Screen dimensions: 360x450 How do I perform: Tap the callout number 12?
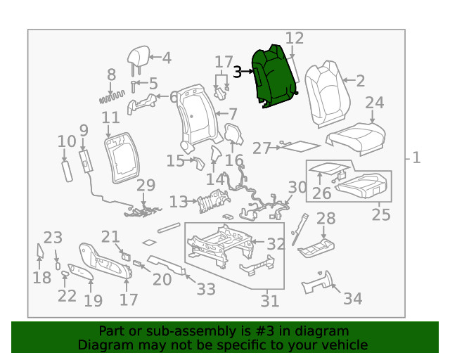(294, 39)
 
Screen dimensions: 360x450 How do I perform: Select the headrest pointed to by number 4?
(138, 56)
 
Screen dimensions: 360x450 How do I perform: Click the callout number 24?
(374, 103)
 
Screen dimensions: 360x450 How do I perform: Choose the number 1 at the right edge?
(416, 157)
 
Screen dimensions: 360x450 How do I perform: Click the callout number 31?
(270, 301)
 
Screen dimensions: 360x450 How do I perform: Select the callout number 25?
(380, 214)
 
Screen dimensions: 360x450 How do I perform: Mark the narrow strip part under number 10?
(67, 171)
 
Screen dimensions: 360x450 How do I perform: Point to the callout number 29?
(146, 186)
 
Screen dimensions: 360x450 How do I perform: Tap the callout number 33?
(205, 288)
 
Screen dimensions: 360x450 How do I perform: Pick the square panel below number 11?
(122, 155)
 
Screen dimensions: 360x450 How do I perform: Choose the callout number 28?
(326, 219)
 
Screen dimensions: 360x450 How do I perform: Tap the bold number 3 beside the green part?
(238, 72)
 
